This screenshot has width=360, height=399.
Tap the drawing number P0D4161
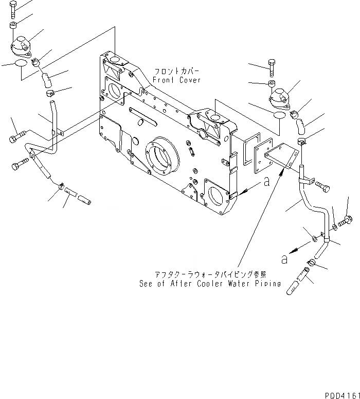click(341, 394)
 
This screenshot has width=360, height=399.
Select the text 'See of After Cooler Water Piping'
click(210, 283)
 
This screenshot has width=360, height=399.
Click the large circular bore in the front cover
click(163, 154)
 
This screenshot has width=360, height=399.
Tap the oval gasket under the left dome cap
click(21, 63)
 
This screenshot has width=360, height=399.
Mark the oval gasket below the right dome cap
click(278, 116)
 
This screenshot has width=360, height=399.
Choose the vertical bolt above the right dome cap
click(272, 67)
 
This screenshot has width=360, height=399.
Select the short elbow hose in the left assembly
click(46, 80)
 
